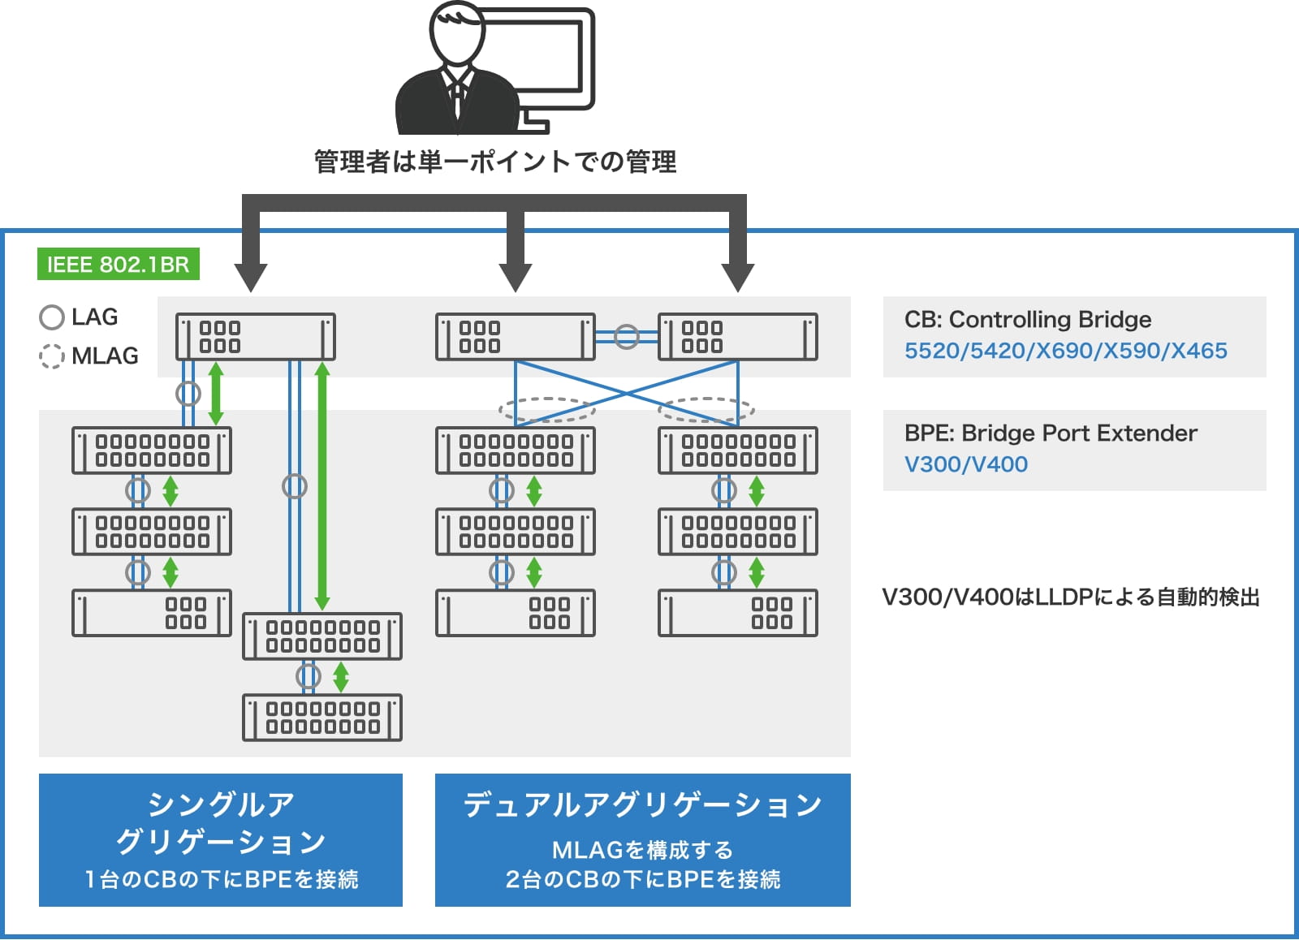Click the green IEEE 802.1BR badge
point(118,265)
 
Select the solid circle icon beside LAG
point(52,317)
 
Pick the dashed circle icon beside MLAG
point(52,356)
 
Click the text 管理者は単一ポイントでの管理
point(494,162)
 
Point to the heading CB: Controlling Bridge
point(1027,319)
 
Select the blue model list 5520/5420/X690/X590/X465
point(1065,351)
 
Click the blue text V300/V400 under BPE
point(965,464)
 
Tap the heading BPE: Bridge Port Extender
point(1050,433)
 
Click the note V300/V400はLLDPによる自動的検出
point(1070,597)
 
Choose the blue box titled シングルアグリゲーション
point(221,839)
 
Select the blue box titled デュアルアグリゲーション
point(642,839)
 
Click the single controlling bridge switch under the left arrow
point(255,337)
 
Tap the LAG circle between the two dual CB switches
point(626,337)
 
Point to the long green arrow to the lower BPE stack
point(322,487)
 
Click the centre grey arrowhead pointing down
point(515,277)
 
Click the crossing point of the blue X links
point(626,393)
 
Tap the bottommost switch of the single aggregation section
point(322,718)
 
